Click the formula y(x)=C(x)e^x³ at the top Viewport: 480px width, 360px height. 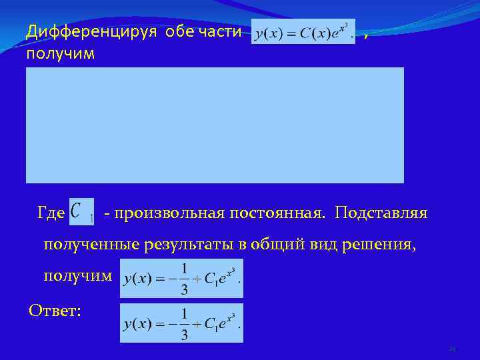(x=303, y=32)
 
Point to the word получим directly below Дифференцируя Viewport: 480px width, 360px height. (x=60, y=53)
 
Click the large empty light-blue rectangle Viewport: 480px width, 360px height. (x=215, y=125)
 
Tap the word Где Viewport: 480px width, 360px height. (x=52, y=213)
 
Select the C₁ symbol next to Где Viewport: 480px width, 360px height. (x=81, y=212)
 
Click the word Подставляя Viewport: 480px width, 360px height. (x=382, y=213)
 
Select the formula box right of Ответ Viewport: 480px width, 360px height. (x=181, y=323)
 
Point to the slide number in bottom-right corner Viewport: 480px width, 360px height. (x=451, y=349)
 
